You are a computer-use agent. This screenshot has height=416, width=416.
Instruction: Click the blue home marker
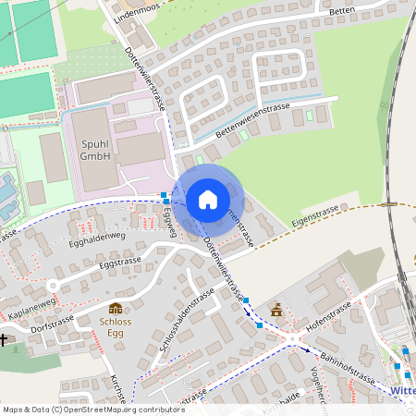click(x=208, y=200)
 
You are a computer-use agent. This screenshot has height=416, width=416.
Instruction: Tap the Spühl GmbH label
click(x=95, y=151)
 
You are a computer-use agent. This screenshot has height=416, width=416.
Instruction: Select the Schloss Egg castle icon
click(x=116, y=308)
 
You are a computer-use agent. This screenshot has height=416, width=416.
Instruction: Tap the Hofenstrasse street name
click(x=326, y=314)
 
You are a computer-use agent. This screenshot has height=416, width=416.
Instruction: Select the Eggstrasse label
click(x=119, y=264)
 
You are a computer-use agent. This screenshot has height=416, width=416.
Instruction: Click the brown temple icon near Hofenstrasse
click(x=275, y=309)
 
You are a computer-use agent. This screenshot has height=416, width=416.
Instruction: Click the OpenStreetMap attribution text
click(x=93, y=409)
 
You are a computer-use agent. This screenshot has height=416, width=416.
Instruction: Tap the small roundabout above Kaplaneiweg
click(x=54, y=287)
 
